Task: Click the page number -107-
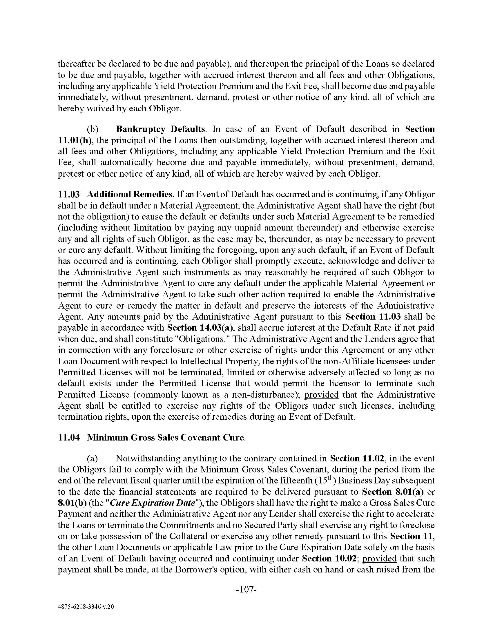[246, 590]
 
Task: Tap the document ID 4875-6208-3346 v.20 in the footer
[86, 606]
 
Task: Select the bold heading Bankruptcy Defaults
[160, 129]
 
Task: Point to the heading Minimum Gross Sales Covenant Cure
[166, 437]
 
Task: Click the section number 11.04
[69, 437]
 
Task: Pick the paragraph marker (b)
[93, 129]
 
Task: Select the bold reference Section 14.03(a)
[200, 327]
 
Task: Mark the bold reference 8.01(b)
[72, 503]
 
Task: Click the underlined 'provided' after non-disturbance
[321, 395]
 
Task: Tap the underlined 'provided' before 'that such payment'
[379, 558]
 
